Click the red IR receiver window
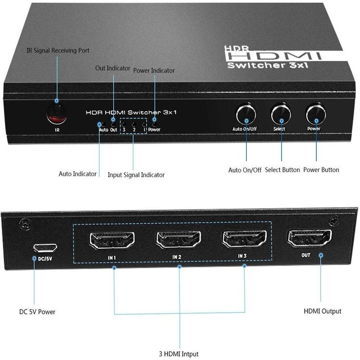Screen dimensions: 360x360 [57, 114]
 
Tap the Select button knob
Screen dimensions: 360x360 [281, 115]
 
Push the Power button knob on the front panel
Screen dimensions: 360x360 [316, 114]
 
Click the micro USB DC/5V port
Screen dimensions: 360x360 [45, 248]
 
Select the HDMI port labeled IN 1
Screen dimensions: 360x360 [112, 240]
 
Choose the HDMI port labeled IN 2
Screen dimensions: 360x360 [179, 240]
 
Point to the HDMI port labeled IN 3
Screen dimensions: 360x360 [244, 239]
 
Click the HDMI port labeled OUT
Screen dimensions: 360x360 [310, 238]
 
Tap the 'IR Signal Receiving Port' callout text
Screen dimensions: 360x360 [58, 50]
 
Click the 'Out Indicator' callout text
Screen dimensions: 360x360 [112, 68]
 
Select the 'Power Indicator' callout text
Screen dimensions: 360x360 [154, 71]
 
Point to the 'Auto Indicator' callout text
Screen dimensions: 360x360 [78, 174]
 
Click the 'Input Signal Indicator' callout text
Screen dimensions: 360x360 [136, 175]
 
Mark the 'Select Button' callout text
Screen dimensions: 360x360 [282, 170]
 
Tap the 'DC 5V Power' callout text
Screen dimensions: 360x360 [37, 312]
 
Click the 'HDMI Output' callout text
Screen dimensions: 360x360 [323, 312]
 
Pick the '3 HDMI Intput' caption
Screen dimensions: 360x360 [179, 354]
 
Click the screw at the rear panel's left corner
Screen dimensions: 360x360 [25, 224]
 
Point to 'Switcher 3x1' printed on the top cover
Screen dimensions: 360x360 [267, 65]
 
